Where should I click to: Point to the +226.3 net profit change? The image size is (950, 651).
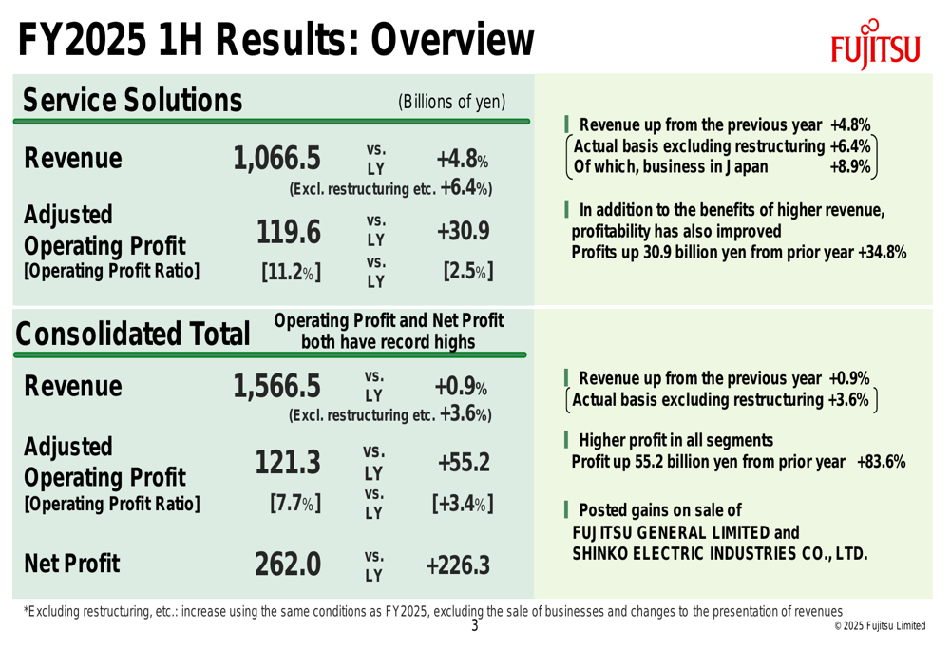coord(457,566)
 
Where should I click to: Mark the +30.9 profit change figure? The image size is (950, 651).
coord(464,231)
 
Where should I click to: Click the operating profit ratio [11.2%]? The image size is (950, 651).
coord(290,274)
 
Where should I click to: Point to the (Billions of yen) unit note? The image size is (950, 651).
coord(451,101)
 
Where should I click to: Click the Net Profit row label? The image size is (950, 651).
coord(72,565)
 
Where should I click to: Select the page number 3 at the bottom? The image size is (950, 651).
coord(475,624)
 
